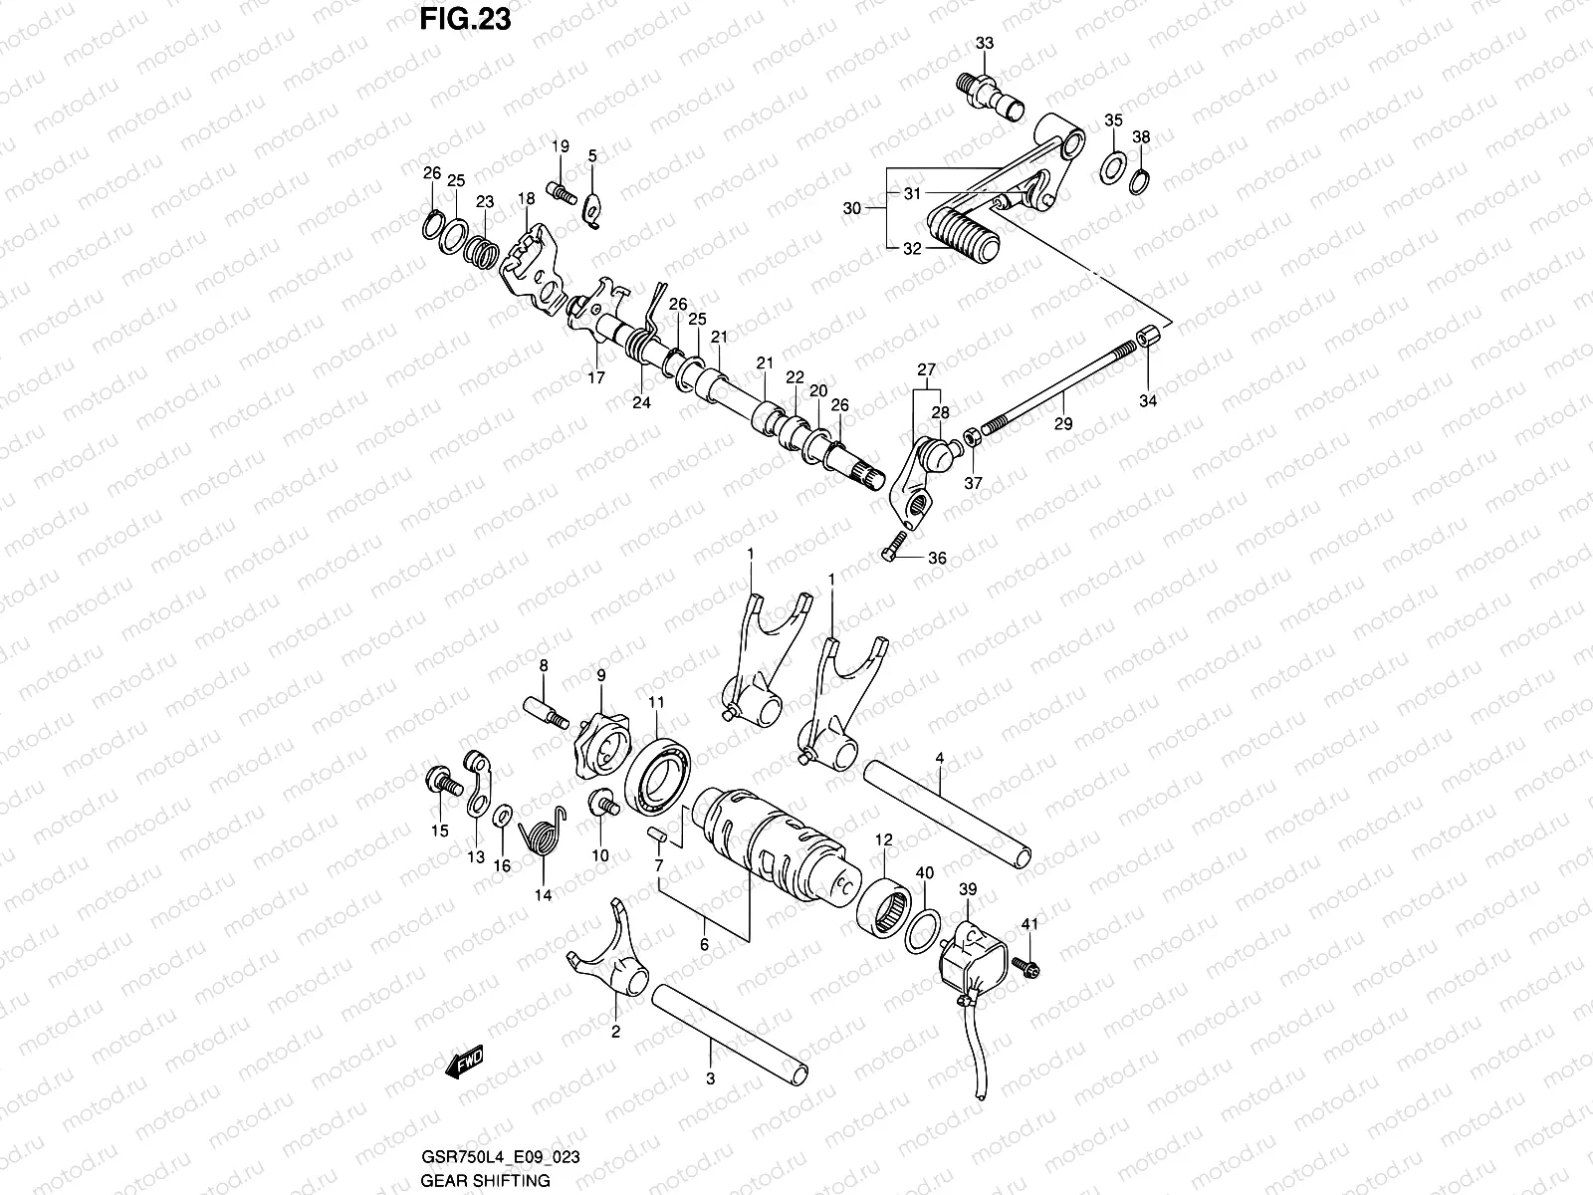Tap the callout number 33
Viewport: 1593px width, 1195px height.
[x=984, y=44]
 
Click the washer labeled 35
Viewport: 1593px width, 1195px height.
[x=1113, y=165]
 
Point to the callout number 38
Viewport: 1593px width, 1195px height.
[x=1141, y=136]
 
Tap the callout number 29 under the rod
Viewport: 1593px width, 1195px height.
[x=1063, y=424]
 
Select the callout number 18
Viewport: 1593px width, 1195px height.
[x=526, y=200]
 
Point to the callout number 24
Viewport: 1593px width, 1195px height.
[x=641, y=402]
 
